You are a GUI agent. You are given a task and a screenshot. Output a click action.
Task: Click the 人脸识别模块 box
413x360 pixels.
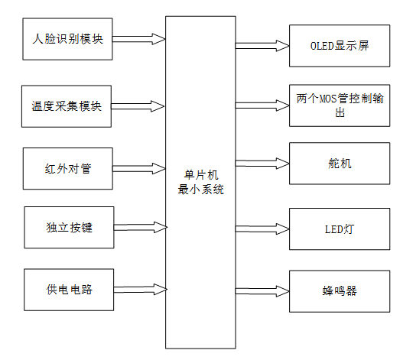point(68,38)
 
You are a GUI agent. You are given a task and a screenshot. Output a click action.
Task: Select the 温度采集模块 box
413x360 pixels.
point(67,106)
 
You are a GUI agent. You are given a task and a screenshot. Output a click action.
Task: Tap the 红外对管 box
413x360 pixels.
point(68,168)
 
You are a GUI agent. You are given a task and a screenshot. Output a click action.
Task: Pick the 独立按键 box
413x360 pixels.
point(68,227)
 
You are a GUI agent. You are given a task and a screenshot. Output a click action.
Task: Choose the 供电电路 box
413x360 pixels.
point(68,290)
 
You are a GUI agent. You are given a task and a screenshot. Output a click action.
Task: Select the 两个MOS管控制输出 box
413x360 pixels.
point(339,105)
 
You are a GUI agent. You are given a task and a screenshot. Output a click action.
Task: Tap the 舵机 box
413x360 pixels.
point(339,164)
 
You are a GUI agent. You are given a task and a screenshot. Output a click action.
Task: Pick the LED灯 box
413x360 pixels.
point(339,228)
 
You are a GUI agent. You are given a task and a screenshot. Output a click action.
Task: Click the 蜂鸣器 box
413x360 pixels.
point(339,290)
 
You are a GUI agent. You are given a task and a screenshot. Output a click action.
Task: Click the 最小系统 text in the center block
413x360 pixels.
point(200,190)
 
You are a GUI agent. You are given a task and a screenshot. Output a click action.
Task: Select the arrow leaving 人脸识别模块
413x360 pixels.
point(139,38)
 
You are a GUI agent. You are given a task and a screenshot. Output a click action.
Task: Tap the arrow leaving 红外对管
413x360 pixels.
point(139,167)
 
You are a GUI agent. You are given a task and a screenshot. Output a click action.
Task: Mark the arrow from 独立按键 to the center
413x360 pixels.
point(139,227)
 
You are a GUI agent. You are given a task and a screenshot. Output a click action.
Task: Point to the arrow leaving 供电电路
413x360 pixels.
point(139,290)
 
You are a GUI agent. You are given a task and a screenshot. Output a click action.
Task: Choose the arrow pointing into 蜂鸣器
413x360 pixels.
point(262,290)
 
